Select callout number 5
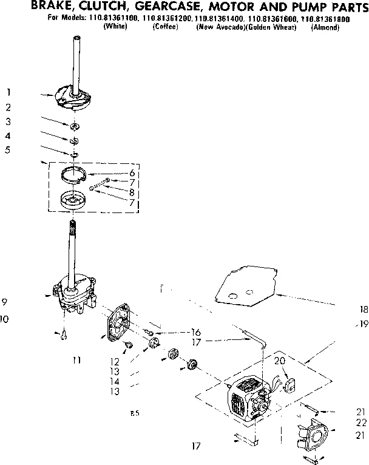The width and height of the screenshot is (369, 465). (x=7, y=149)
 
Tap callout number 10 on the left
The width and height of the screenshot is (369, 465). (x=5, y=317)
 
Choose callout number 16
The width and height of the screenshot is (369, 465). (x=195, y=332)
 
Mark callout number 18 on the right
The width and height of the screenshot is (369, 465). (x=364, y=308)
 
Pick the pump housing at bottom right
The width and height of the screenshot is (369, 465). (x=312, y=433)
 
